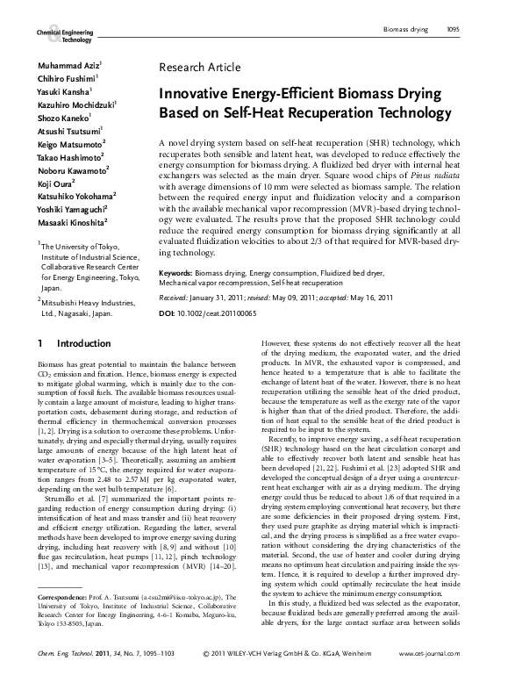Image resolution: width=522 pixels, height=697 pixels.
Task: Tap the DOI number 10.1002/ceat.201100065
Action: pos(217,313)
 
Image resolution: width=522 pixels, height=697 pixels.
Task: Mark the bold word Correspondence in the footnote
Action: pos(67,596)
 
